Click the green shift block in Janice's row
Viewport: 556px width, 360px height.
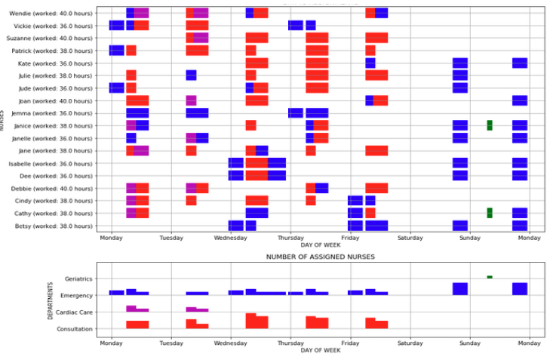tap(489, 125)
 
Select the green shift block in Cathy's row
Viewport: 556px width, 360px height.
tap(489, 213)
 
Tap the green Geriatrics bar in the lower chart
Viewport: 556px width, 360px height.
tap(489, 277)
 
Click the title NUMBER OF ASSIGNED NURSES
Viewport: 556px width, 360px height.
tap(320, 257)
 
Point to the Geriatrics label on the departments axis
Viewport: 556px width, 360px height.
tap(78, 278)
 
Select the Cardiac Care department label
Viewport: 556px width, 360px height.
tap(74, 312)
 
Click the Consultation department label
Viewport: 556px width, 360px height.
tap(74, 329)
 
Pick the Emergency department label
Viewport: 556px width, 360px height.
tap(76, 295)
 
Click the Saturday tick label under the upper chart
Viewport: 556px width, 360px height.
tap(410, 238)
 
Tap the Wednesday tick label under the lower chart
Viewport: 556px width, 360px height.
tap(231, 343)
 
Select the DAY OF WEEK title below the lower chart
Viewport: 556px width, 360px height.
tap(320, 351)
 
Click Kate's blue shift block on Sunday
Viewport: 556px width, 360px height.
tap(459, 63)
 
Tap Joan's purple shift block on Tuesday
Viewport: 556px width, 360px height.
tap(191, 100)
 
